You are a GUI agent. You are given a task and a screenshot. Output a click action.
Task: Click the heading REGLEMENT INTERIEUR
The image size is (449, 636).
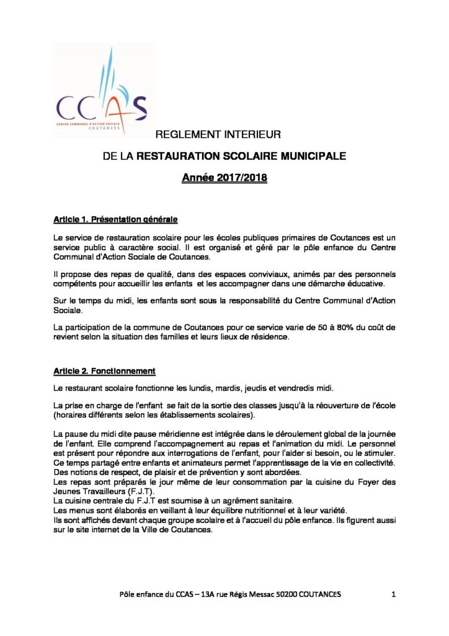click(218, 134)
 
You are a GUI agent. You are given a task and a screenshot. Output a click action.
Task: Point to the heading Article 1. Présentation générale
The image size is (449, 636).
click(115, 219)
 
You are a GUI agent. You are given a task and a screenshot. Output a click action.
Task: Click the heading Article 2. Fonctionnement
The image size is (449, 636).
click(104, 371)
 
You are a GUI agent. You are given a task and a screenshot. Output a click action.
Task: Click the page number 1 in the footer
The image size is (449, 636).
click(394, 594)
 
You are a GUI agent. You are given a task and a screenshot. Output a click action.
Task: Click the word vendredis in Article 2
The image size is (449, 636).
click(297, 389)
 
